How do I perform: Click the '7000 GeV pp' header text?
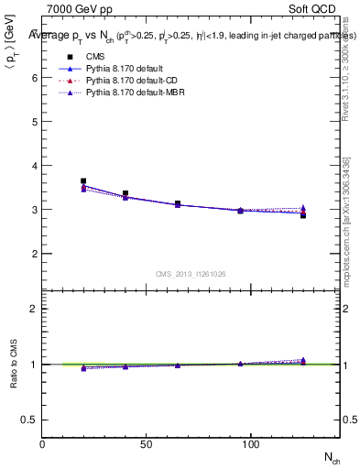pyautogui.click(x=76, y=8)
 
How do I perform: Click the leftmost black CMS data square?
pyautogui.click(x=83, y=181)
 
